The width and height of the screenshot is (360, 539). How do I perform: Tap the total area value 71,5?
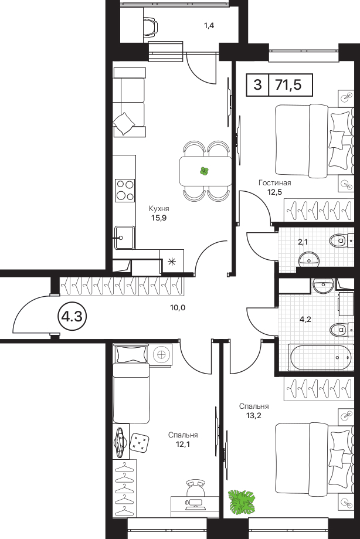tap(288, 84)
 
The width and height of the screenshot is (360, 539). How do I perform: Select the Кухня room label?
tap(159, 209)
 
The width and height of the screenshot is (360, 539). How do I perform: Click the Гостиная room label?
tap(275, 183)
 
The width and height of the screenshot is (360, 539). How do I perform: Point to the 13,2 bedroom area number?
tap(254, 415)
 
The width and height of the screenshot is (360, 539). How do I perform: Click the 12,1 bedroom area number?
tap(183, 444)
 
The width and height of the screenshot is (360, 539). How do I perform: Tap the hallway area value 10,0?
tap(178, 308)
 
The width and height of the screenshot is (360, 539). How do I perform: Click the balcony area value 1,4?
tap(209, 25)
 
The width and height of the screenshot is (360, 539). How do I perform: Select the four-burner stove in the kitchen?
tap(125, 191)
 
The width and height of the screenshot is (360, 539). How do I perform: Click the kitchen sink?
tap(125, 237)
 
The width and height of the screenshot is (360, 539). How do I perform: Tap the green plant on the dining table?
tap(205, 171)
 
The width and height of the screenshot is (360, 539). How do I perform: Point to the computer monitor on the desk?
tap(195, 504)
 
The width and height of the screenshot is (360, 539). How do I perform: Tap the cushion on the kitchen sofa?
tap(124, 123)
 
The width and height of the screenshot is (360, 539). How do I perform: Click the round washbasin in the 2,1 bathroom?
tap(310, 259)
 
